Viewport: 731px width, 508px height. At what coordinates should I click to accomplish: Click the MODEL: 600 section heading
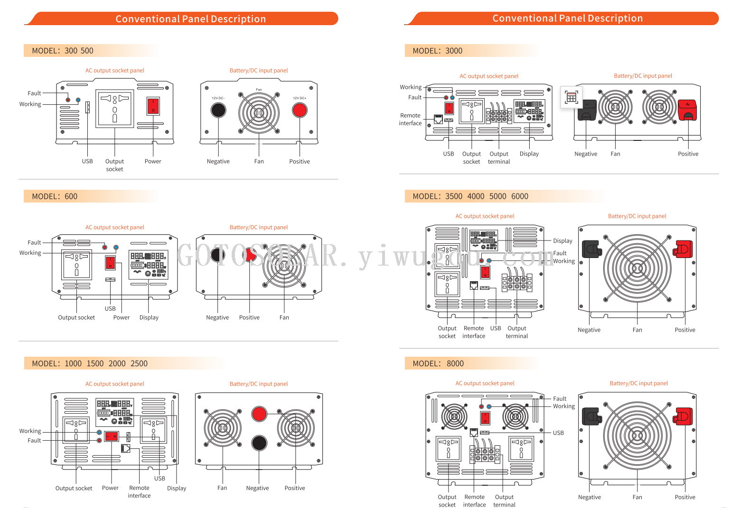[x=55, y=196]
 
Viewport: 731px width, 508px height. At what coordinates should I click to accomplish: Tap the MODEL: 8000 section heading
[x=438, y=363]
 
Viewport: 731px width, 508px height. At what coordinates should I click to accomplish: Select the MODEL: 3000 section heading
[x=437, y=51]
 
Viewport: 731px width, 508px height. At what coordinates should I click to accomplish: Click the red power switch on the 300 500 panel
[x=153, y=106]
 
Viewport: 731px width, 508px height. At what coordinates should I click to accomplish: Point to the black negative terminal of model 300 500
[x=218, y=110]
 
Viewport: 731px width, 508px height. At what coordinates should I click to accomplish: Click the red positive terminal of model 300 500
[x=300, y=110]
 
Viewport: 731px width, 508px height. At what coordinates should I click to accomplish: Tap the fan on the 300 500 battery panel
[x=259, y=113]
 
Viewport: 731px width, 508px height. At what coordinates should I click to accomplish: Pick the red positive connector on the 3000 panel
[x=687, y=110]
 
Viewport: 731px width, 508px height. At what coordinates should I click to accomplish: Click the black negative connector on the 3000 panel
[x=587, y=110]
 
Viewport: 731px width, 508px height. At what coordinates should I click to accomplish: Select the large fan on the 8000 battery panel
[x=637, y=435]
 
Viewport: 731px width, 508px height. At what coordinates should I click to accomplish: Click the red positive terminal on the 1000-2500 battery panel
[x=259, y=414]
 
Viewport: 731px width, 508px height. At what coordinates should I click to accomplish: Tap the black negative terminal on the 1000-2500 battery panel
[x=259, y=443]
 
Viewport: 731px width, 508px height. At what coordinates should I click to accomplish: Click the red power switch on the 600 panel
[x=110, y=262]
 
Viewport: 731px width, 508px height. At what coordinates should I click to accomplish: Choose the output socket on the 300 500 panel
[x=115, y=108]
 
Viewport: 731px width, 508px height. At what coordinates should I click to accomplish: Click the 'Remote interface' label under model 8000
[x=474, y=501]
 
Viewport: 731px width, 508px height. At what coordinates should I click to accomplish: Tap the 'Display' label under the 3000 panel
[x=529, y=154]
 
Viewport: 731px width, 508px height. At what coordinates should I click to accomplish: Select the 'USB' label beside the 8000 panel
[x=558, y=433]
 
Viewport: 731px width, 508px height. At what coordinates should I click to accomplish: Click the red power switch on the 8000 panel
[x=485, y=418]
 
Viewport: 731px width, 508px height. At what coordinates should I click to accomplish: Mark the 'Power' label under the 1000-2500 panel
[x=110, y=488]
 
